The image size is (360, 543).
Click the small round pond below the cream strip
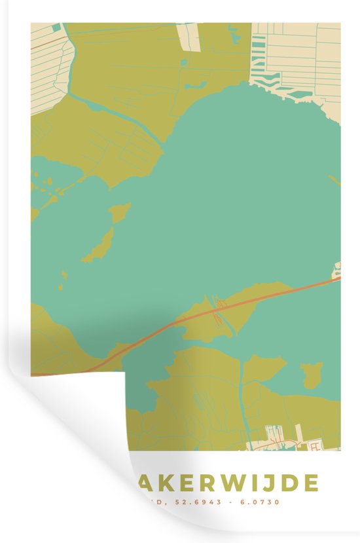(x=184, y=62)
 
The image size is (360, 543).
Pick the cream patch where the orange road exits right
(x=337, y=269)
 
